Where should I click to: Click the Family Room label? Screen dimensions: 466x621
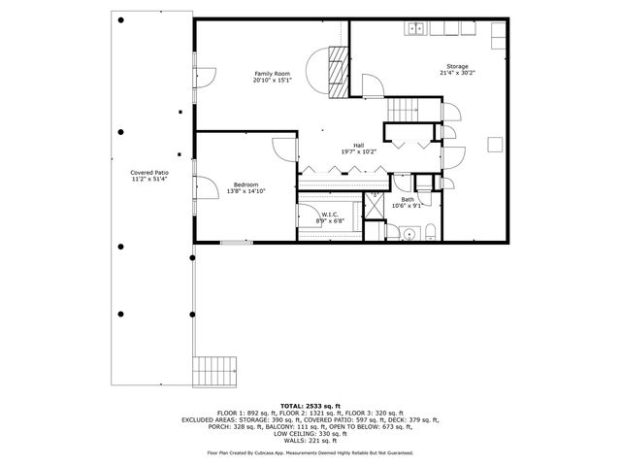coord(273,74)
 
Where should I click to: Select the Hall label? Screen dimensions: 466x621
coord(358,145)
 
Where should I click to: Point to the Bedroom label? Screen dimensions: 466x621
coord(245,184)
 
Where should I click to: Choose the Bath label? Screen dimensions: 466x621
coord(407,199)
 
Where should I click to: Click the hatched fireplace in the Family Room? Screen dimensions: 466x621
coord(337,72)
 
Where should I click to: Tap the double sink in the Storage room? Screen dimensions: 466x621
coord(416,29)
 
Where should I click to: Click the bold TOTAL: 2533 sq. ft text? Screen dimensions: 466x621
coord(310,405)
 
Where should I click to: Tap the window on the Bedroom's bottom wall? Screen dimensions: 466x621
coord(234,242)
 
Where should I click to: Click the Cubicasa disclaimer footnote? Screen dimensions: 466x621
coord(310,452)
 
